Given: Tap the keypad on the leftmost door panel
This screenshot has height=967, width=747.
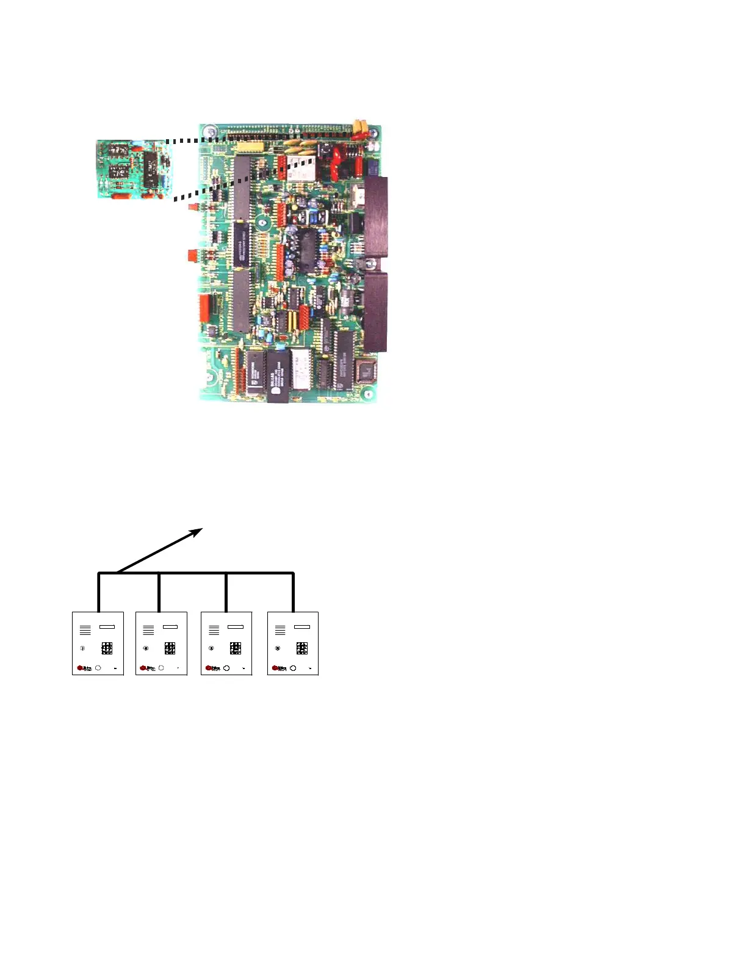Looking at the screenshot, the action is tap(107, 648).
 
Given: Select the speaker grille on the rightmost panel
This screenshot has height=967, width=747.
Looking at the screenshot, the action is tap(280, 630).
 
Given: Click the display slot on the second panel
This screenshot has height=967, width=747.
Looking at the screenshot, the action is tap(170, 626).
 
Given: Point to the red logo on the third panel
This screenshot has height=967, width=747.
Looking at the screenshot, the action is tap(209, 668).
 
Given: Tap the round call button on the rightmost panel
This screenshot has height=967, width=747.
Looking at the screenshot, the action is tap(293, 668).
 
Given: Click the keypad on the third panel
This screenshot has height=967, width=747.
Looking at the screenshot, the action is tap(236, 648).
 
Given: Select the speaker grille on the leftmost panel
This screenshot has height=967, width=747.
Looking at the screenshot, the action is tap(85, 630).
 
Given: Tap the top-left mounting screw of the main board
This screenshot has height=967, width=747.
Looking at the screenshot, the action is tap(209, 131).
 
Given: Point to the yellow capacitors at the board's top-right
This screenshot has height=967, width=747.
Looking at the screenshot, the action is tap(360, 128).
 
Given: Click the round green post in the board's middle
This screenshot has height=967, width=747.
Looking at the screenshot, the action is tap(262, 223).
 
